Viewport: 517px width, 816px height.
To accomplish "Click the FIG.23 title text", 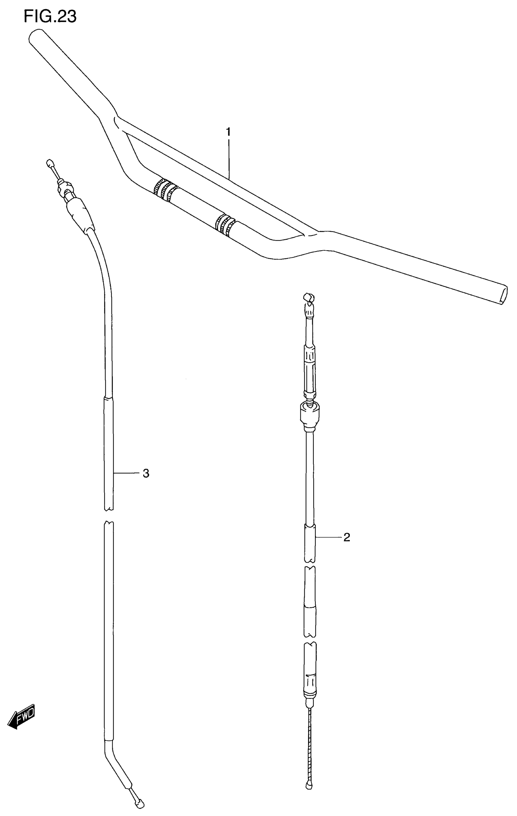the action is coord(50,16).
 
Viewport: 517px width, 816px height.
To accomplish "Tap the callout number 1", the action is coord(228,132).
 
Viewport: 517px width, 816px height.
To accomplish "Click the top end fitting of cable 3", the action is coord(50,163).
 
